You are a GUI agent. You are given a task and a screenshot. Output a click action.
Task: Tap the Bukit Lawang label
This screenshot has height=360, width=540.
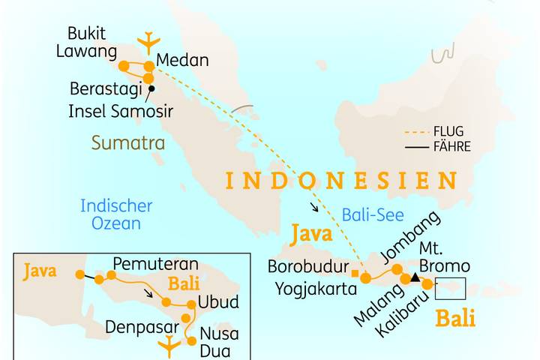tap(92, 43)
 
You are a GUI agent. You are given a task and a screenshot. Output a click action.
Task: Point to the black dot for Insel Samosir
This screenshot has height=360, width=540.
tap(151, 89)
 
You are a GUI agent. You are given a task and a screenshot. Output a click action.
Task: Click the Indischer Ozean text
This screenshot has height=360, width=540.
tap(116, 214)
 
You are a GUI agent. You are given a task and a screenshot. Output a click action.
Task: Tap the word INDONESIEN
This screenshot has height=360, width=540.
tap(341, 181)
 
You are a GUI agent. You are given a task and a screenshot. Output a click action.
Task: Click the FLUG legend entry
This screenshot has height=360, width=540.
tap(448, 132)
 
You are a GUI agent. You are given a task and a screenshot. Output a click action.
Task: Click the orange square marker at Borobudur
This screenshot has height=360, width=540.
tap(355, 273)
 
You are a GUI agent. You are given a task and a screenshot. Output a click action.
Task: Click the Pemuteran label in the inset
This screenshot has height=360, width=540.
tap(155, 264)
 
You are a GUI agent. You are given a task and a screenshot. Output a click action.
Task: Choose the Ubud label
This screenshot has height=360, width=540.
tap(218, 303)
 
